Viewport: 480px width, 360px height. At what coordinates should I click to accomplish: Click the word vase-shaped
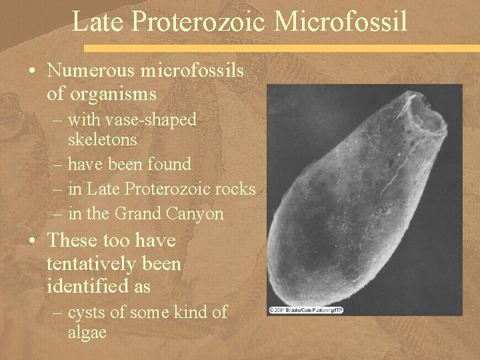tap(133, 120)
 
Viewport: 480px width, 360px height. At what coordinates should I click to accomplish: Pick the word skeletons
tap(103, 140)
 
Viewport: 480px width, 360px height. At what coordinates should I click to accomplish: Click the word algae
tap(87, 333)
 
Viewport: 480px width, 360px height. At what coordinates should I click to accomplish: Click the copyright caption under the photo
tap(305, 310)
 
